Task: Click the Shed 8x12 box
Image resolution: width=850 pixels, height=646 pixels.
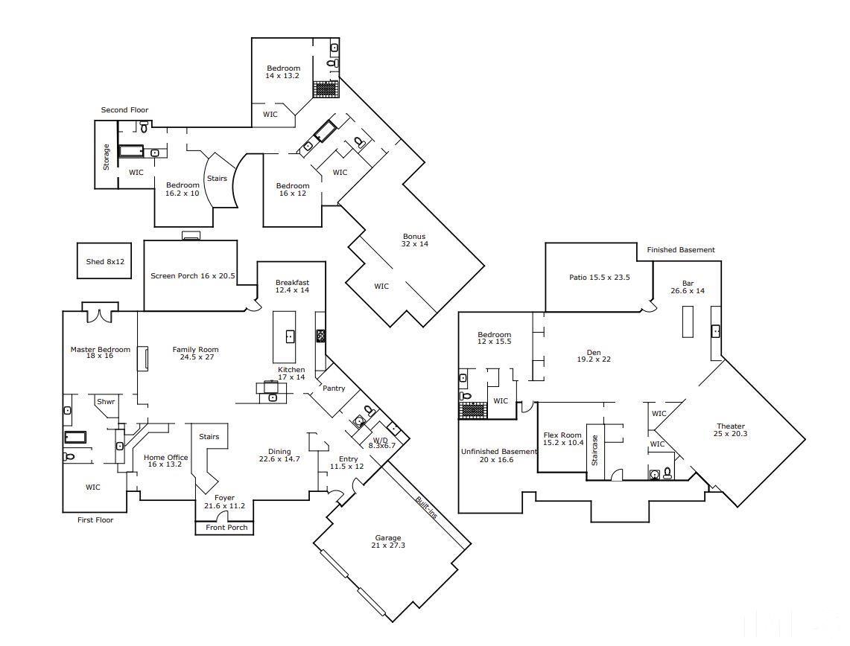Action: (104, 261)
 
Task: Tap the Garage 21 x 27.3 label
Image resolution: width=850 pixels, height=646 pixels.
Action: (388, 542)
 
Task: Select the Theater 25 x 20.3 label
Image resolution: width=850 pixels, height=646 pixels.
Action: (730, 430)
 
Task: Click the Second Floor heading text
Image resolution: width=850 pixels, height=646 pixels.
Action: (124, 110)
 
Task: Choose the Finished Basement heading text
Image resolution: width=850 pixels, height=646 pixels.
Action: (680, 250)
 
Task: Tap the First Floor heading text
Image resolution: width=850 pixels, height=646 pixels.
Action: (95, 520)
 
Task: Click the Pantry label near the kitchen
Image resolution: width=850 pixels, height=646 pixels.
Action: (334, 388)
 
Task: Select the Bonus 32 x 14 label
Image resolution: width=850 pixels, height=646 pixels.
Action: (413, 240)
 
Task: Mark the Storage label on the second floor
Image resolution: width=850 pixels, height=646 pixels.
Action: (107, 156)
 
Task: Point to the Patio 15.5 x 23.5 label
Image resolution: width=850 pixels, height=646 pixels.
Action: (600, 278)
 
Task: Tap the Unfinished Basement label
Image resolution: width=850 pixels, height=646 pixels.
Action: (498, 455)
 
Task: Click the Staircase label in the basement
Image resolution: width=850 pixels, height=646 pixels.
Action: (594, 450)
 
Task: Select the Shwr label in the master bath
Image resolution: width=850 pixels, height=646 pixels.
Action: (106, 402)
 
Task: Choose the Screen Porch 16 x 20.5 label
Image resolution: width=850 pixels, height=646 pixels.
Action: (192, 276)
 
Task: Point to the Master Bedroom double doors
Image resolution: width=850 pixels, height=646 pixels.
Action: (99, 313)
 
